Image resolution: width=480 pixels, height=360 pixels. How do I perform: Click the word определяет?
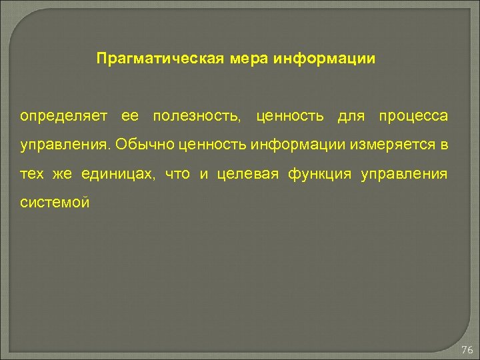(x=63, y=117)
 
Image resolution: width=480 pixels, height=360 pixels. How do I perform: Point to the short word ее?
(x=131, y=117)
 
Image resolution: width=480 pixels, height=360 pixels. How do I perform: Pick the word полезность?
(x=196, y=117)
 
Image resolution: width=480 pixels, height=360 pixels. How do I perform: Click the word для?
(x=352, y=117)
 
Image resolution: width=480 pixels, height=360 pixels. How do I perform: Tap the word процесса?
(x=413, y=117)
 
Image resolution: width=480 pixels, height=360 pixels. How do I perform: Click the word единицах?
(x=119, y=175)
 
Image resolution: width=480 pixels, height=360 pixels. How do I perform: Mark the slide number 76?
(x=467, y=350)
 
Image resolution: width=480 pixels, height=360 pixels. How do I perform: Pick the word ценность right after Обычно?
(x=209, y=145)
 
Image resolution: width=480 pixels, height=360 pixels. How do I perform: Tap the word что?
(x=177, y=175)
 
